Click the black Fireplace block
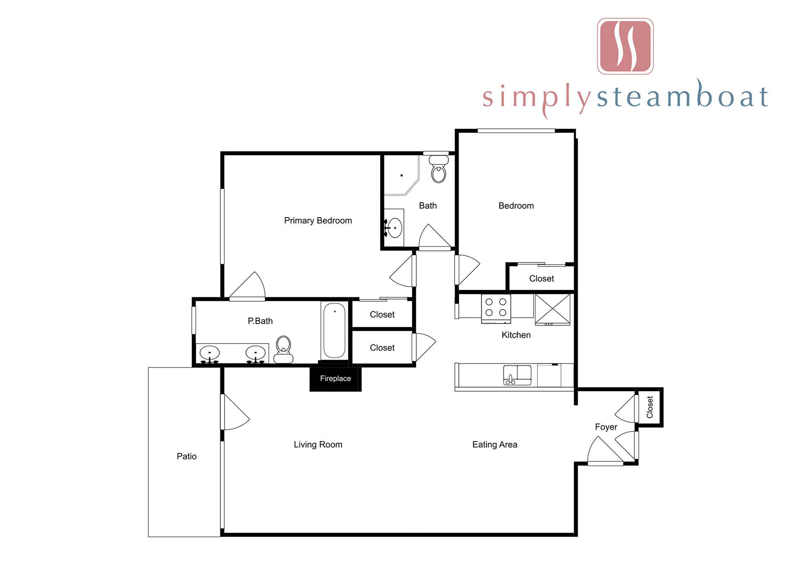(x=335, y=378)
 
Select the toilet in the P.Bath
(x=284, y=350)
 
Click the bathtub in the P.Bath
(x=334, y=331)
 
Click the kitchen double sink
(x=517, y=375)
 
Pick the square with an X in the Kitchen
(x=553, y=309)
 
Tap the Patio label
(x=187, y=456)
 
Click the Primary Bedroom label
(x=318, y=221)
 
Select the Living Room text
(x=318, y=444)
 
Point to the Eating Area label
(x=495, y=444)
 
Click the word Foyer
(x=606, y=427)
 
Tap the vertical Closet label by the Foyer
(x=650, y=407)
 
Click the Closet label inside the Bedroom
(x=542, y=278)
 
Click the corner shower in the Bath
(x=401, y=175)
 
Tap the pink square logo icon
(x=625, y=46)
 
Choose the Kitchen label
(x=516, y=335)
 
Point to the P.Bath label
(x=260, y=321)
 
